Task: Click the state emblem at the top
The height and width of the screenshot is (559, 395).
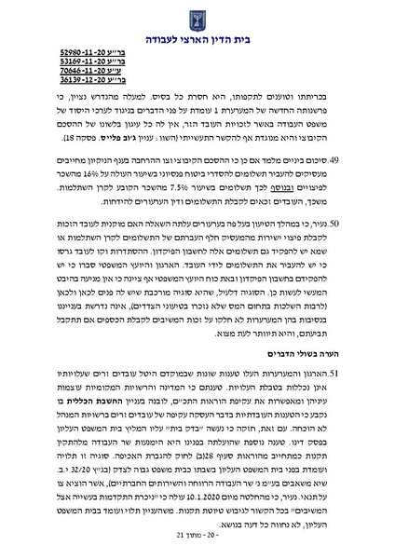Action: coord(197,16)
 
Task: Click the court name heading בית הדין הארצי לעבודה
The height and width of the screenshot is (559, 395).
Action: coord(197,38)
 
